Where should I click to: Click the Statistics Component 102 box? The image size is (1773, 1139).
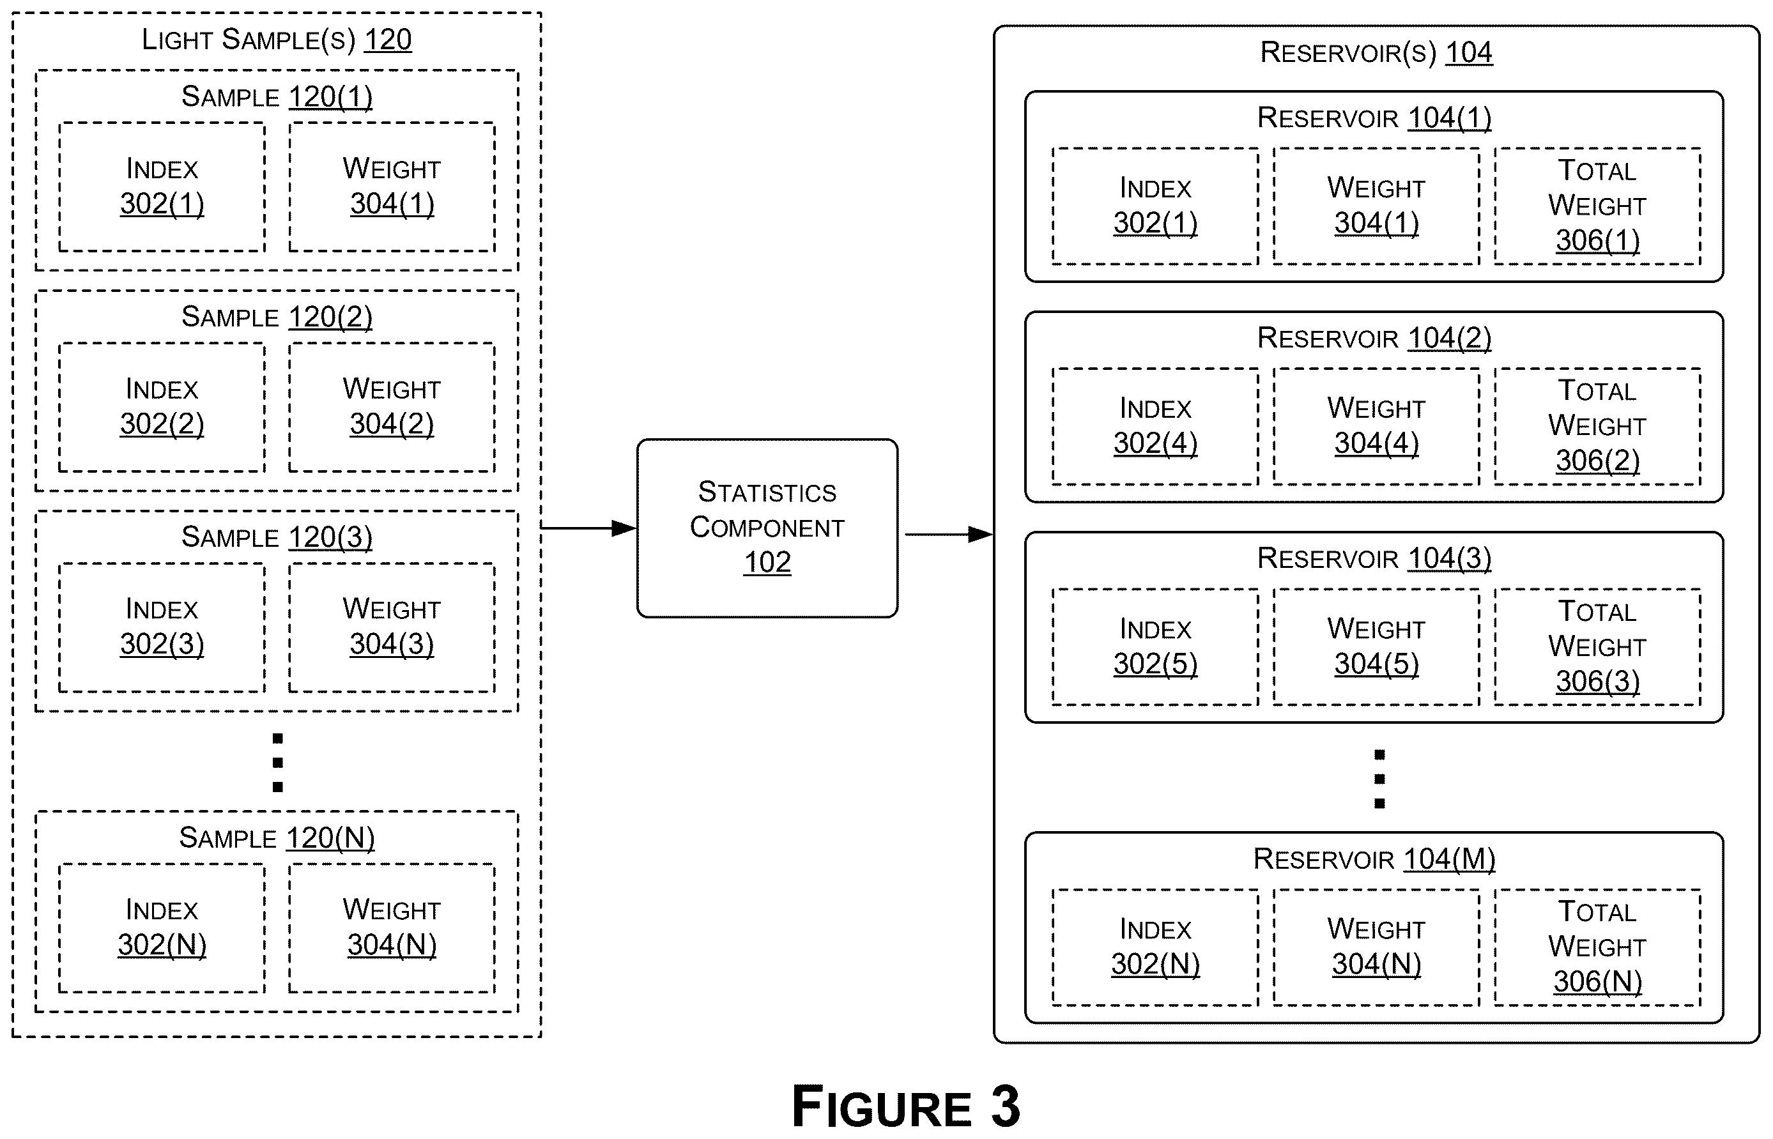[767, 528]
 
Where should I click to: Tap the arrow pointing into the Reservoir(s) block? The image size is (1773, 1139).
[949, 534]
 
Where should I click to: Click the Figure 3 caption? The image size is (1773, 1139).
[906, 1106]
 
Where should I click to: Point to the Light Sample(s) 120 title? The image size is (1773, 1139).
[277, 39]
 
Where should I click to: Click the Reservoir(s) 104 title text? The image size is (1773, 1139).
[1376, 52]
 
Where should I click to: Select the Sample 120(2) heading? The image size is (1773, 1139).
[277, 317]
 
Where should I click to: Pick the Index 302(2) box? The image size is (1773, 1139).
[162, 407]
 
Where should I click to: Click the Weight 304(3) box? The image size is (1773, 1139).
[392, 627]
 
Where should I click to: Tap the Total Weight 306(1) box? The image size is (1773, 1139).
[1598, 206]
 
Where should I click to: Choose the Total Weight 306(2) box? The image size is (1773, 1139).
[1598, 426]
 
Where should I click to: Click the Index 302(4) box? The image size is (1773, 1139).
[1155, 426]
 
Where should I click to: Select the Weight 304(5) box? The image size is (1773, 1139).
[1376, 646]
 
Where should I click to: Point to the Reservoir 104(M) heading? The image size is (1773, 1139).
[1374, 859]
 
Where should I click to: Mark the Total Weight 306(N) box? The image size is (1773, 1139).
[1598, 947]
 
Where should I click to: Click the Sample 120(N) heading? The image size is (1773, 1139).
[277, 838]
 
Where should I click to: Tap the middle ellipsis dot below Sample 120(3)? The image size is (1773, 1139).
[278, 763]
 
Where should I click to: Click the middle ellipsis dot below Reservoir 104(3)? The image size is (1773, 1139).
[1379, 779]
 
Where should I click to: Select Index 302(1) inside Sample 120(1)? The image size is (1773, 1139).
[162, 187]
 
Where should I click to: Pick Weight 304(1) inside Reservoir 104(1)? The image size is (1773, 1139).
[1376, 206]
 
